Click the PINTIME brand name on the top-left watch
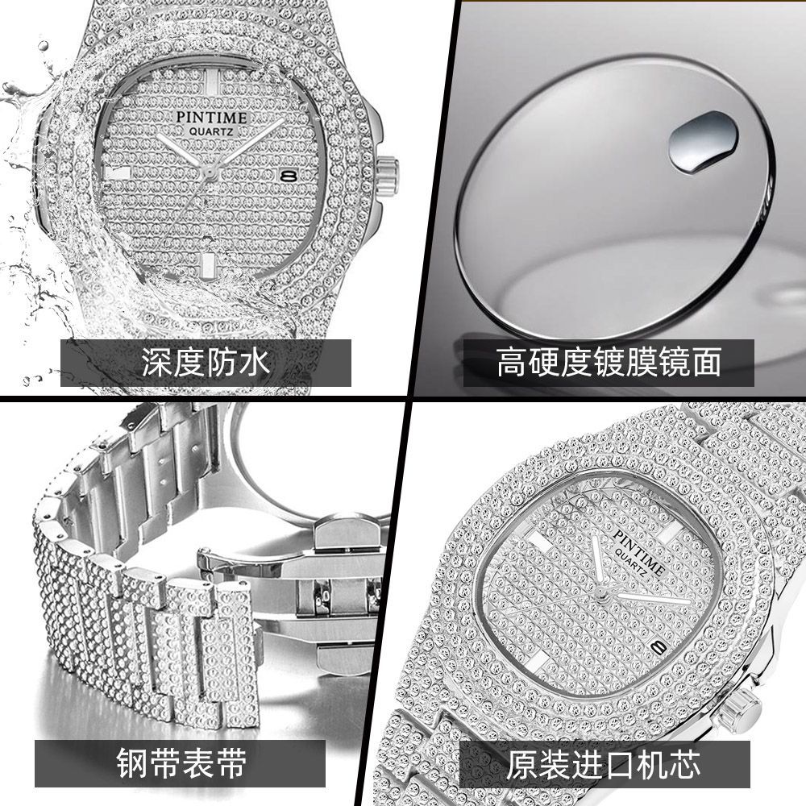pos(211,118)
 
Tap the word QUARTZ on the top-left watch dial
pos(211,132)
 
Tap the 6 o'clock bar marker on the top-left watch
pos(207,266)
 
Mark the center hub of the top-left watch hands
pos(210,172)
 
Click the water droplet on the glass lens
pos(703,141)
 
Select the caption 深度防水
pos(206,363)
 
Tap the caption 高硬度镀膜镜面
pos(609,363)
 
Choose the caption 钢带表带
pos(181,763)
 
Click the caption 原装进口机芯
pos(603,764)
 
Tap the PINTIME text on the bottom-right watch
pos(639,551)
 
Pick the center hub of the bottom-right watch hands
pos(600,595)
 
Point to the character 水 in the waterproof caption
pos(255,363)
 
